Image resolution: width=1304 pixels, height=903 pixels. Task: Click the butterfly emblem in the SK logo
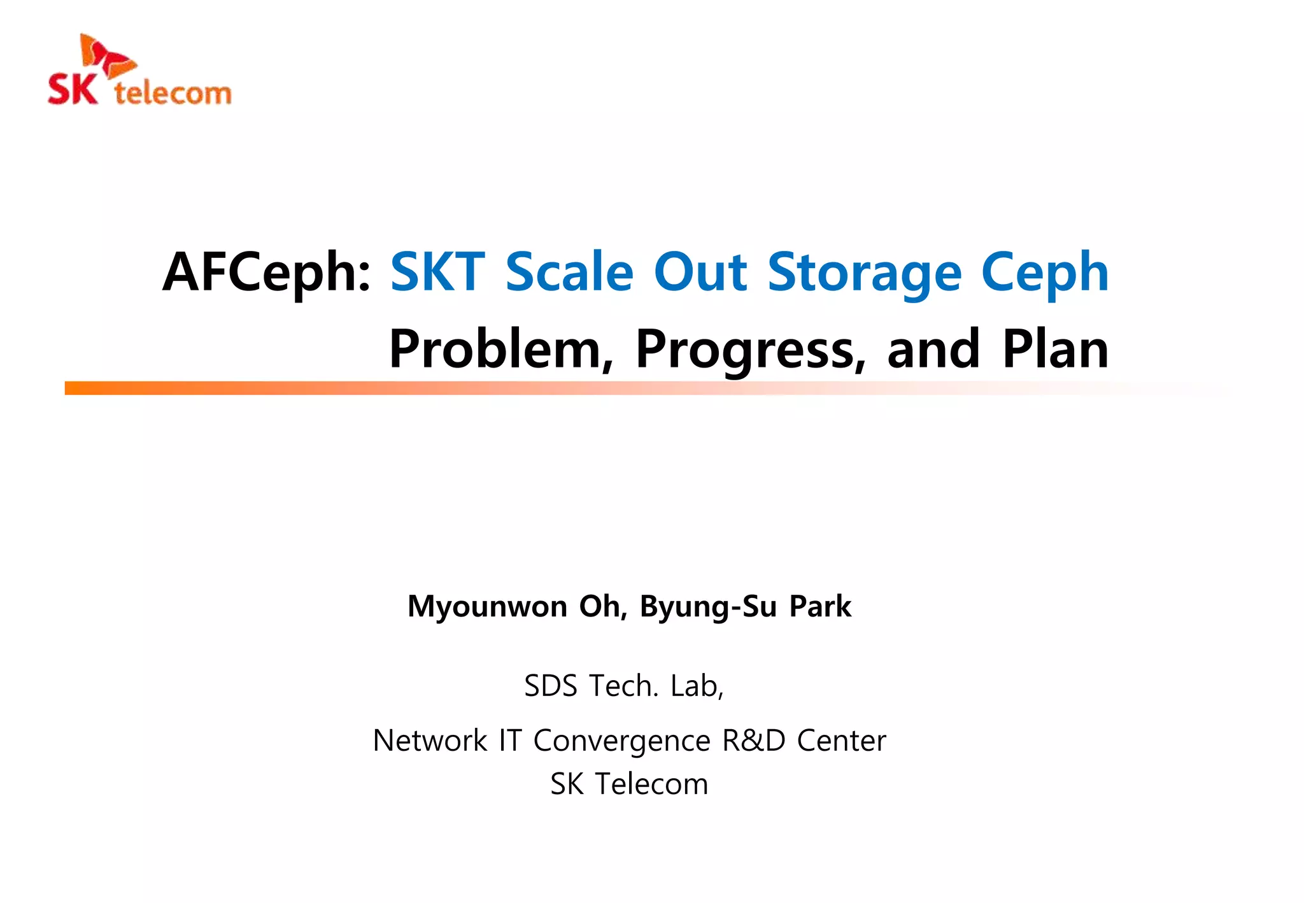coord(106,56)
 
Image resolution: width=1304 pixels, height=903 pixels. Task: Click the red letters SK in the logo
coord(73,90)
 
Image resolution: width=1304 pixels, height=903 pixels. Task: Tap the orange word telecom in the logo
coord(173,93)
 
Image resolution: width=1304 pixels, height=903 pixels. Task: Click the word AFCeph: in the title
coord(267,273)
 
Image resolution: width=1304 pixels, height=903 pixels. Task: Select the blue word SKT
coord(437,273)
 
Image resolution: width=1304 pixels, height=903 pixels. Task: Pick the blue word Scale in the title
coord(570,273)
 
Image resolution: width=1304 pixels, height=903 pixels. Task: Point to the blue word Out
coord(700,273)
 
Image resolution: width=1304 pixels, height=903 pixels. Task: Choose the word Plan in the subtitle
coord(1055,350)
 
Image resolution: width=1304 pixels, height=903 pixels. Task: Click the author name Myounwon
coord(487,606)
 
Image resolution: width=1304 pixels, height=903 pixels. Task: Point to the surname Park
coord(820,606)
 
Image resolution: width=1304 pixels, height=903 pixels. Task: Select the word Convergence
coord(621,741)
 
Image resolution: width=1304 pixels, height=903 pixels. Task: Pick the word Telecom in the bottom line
coord(651,784)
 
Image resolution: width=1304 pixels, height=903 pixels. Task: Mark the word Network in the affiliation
coord(430,741)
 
